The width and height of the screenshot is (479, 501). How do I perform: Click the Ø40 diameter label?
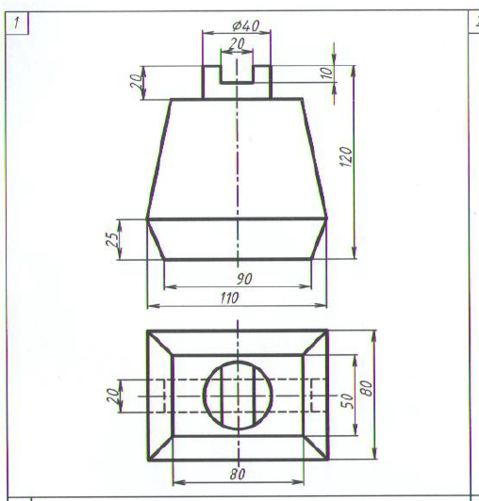[x=246, y=25]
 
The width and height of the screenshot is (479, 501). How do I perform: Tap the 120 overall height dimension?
[x=345, y=156]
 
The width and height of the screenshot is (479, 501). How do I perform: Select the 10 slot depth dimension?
[x=327, y=73]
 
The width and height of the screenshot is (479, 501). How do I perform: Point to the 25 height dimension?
[x=112, y=239]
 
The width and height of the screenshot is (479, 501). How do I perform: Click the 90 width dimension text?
[x=244, y=279]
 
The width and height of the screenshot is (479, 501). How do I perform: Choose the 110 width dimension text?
[x=229, y=299]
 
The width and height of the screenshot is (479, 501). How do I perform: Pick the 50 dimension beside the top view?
[x=347, y=400]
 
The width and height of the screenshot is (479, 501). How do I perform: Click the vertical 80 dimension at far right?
[x=367, y=389]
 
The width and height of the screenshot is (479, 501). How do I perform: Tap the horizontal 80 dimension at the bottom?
[x=238, y=475]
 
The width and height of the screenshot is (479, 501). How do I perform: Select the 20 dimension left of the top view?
[x=112, y=396]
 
